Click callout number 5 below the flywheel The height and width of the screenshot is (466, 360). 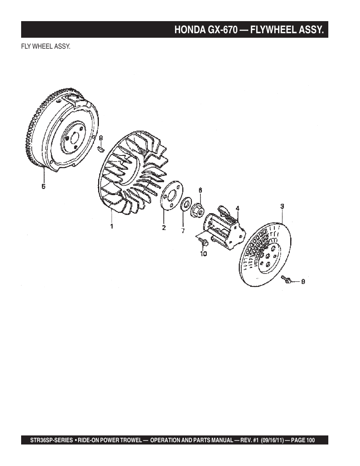tap(43, 186)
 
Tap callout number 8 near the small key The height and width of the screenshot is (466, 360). tap(101, 138)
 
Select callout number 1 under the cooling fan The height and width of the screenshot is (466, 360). tap(112, 226)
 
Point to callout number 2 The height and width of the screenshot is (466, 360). tap(164, 228)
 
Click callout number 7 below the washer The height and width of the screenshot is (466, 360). tap(183, 231)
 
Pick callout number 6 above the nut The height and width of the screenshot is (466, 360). tap(200, 190)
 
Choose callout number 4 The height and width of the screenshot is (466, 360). tap(238, 208)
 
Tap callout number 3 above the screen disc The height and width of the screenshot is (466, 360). tap(282, 206)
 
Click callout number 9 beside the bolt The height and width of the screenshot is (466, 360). tap(303, 281)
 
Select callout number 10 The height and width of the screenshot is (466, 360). tap(203, 254)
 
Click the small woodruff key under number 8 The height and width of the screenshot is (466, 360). tap(101, 149)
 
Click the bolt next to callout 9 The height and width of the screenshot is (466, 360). tap(286, 279)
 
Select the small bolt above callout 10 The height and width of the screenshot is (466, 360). tap(203, 243)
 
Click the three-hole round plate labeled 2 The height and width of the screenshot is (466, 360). tap(172, 195)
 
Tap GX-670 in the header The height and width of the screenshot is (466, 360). tap(223, 29)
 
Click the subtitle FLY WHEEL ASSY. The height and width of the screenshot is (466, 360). tap(46, 46)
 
